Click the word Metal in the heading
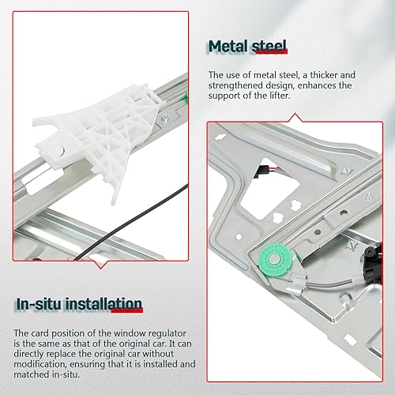228,47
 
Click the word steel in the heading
269,47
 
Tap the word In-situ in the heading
39,304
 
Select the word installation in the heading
103,304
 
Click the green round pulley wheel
276,260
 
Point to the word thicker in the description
324,75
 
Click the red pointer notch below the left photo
100,265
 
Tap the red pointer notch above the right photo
295,118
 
